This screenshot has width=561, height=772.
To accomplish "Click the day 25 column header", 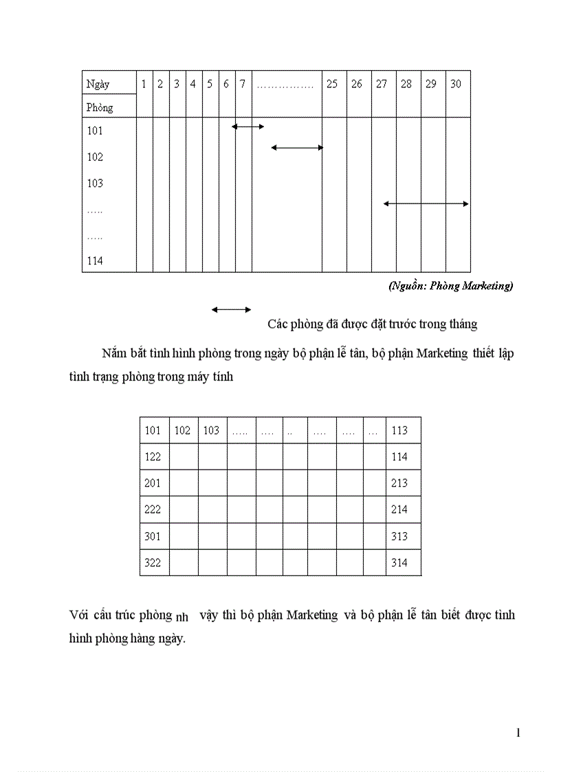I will coord(332,84).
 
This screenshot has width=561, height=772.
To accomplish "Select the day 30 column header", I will coord(456,84).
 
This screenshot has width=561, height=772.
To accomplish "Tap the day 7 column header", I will coord(243,84).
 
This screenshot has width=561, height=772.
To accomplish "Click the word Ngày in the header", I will coord(98,85).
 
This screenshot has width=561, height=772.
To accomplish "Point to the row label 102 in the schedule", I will coord(95,157).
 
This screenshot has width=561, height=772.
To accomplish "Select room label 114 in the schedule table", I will coord(95,261).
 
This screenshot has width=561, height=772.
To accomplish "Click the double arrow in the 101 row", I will coord(248,126).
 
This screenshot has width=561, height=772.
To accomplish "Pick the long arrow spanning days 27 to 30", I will coord(426,203).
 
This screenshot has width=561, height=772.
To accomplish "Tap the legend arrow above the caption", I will coord(232,309).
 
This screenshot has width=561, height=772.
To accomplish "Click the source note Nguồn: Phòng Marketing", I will coord(450,286).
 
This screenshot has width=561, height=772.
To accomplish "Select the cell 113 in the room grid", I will coord(399,430).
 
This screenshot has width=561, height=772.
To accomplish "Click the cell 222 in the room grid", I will coord(153,509).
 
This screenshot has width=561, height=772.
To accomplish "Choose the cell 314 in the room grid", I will coord(399,562).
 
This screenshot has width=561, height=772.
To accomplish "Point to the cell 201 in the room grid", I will coord(153,483).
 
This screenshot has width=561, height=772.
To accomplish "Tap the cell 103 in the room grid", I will coord(211,430).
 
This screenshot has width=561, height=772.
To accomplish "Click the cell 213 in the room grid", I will coord(399,483).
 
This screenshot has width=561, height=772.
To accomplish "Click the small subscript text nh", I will coord(182,617).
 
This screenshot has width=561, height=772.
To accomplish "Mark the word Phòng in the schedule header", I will coord(100,107).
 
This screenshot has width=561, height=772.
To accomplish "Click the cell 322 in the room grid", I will coord(153,562).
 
